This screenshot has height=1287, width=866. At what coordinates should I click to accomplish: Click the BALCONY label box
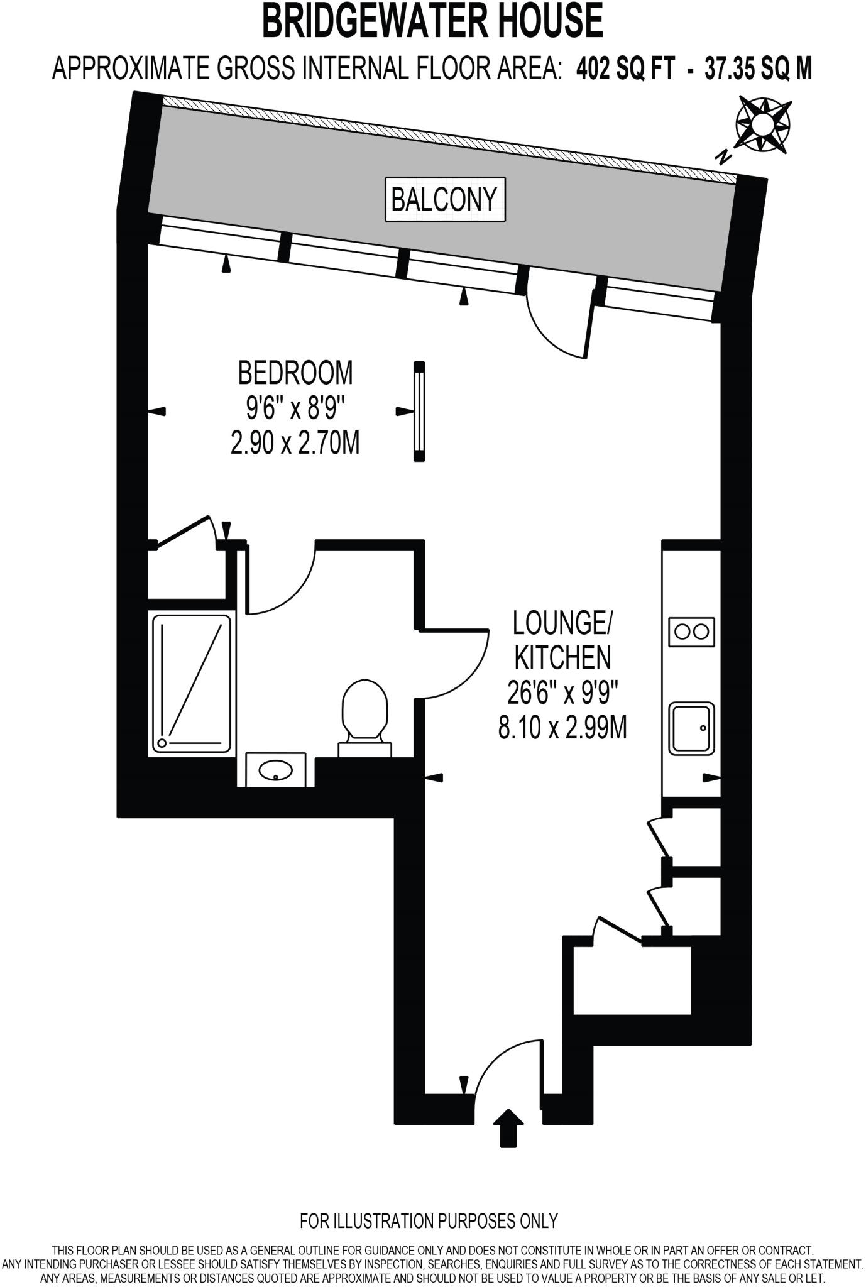(x=445, y=200)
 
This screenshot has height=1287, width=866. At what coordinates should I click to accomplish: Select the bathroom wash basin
(x=276, y=769)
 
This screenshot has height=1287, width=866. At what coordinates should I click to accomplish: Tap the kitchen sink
(x=692, y=728)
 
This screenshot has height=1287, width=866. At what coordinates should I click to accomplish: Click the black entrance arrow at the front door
(x=510, y=1128)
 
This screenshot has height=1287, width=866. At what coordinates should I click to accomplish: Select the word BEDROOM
(x=295, y=373)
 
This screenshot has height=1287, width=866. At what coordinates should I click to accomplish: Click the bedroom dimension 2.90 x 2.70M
(x=295, y=444)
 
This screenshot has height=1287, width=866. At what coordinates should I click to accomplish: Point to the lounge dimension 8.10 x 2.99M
(x=562, y=729)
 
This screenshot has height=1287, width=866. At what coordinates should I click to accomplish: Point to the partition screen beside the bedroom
(x=419, y=412)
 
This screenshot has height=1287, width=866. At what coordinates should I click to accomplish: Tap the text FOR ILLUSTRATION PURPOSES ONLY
(x=429, y=1221)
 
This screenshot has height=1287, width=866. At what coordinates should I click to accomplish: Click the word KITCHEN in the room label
(x=562, y=658)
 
